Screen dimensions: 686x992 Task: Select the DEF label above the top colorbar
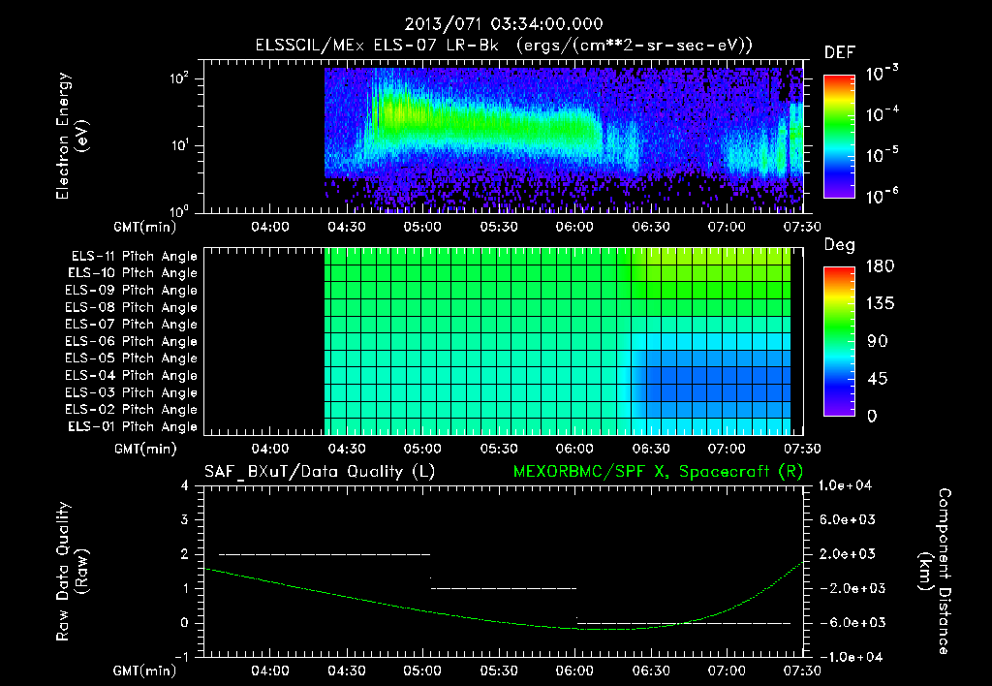pyautogui.click(x=839, y=52)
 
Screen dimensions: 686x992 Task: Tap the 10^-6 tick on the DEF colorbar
pyautogui.click(x=883, y=197)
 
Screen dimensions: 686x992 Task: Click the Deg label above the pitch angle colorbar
pyautogui.click(x=838, y=245)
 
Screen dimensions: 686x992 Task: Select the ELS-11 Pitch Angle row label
pyautogui.click(x=134, y=257)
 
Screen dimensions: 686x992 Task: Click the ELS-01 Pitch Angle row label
pyautogui.click(x=134, y=426)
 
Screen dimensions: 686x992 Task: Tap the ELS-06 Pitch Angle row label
pyautogui.click(x=134, y=341)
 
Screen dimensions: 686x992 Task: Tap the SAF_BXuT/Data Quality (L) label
pyautogui.click(x=319, y=472)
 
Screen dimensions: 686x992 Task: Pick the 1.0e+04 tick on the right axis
pyautogui.click(x=847, y=485)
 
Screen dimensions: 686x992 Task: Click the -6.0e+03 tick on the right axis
pyautogui.click(x=847, y=622)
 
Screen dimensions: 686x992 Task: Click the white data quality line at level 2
pyautogui.click(x=324, y=554)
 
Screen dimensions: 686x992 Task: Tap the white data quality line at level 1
pyautogui.click(x=504, y=588)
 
